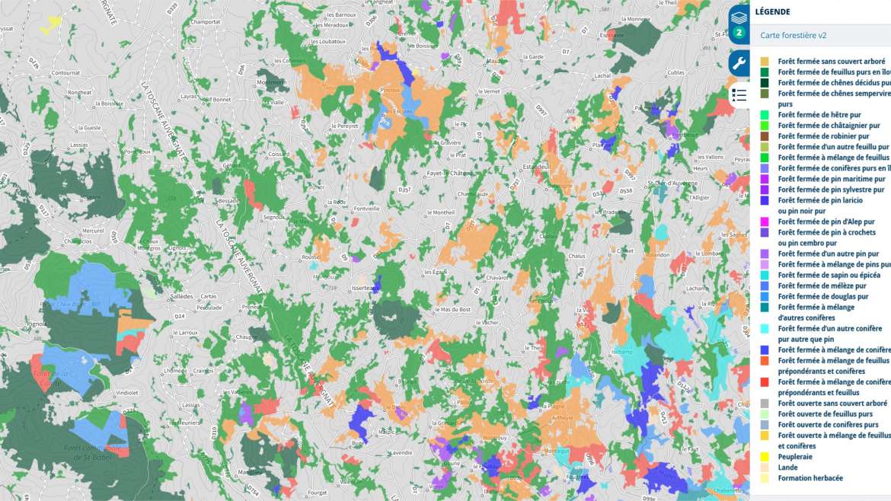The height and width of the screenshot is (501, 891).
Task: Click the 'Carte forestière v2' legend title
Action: coord(794,35)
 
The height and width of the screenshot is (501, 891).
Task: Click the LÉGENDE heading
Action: coord(773,11)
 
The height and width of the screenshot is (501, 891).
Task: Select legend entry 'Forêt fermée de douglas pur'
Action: coord(822,296)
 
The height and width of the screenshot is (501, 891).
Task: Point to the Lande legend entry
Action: coord(787,467)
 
